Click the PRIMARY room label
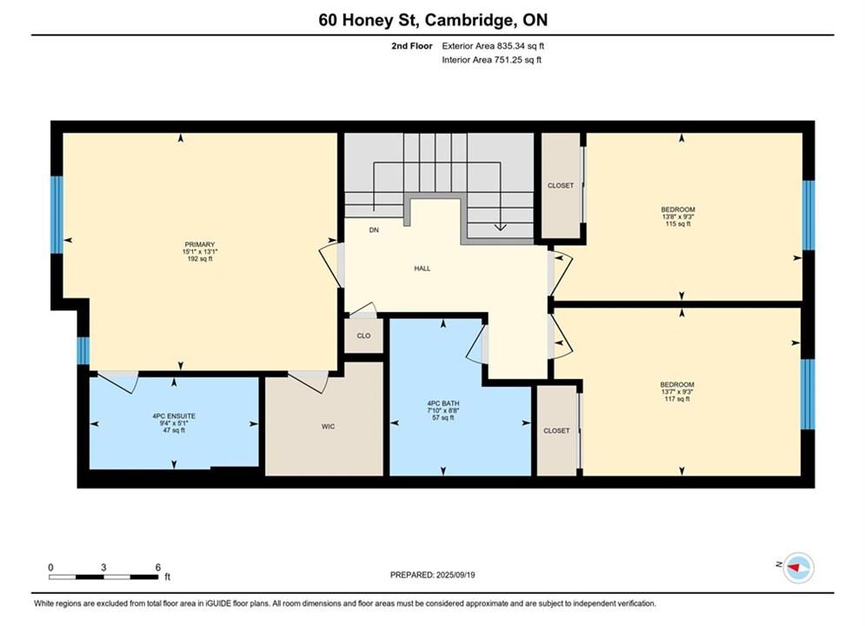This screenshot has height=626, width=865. tap(200, 245)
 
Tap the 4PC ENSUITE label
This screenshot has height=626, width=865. tap(174, 416)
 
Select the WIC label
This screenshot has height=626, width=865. tap(329, 426)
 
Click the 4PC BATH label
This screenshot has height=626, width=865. tap(443, 403)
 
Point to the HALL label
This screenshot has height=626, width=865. tap(423, 269)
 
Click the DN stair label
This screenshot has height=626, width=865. tap(374, 230)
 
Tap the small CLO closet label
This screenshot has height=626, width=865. tap(363, 336)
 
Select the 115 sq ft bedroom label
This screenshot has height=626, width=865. tap(678, 216)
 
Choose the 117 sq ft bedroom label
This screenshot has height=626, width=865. tap(677, 391)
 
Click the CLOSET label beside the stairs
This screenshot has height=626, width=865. tap(561, 186)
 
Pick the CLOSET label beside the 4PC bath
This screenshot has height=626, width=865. tap(556, 430)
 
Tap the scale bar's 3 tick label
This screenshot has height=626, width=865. tap(103, 567)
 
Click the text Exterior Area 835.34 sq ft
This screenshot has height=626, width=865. tap(493, 46)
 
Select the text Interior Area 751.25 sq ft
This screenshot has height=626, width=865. tap(491, 60)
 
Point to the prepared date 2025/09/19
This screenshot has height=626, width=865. tap(456, 575)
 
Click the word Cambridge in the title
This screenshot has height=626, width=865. tap(468, 20)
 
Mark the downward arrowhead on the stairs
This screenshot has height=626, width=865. tap(500, 227)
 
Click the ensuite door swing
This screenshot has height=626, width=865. tap(117, 382)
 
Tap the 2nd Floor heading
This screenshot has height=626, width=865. tap(412, 46)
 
